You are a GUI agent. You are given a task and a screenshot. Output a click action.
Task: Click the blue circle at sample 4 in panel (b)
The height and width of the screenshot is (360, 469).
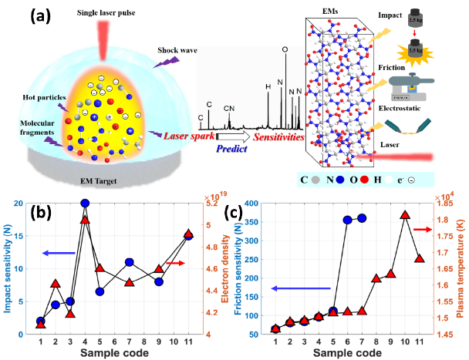[85, 204]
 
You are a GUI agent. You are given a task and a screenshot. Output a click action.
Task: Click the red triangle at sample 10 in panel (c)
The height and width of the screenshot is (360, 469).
[404, 214]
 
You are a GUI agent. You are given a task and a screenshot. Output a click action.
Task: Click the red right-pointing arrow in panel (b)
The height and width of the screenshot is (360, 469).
[176, 264]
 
